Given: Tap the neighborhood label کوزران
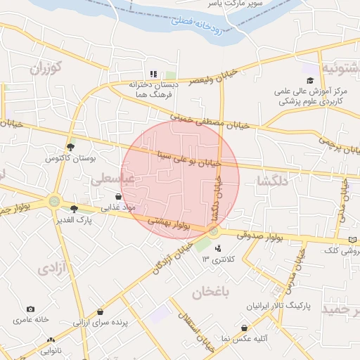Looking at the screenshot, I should tap(46, 68).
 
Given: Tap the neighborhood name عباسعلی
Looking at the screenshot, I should tap(112, 179).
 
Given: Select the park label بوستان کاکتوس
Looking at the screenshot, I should tap(70, 159).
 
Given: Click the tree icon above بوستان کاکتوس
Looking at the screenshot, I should tap(70, 147).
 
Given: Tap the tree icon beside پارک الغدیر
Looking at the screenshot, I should tap(74, 207).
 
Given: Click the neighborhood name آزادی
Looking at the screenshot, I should tap(51, 269).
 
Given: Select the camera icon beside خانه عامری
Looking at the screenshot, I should tap(30, 309).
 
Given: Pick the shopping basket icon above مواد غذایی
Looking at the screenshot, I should tap(118, 196).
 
